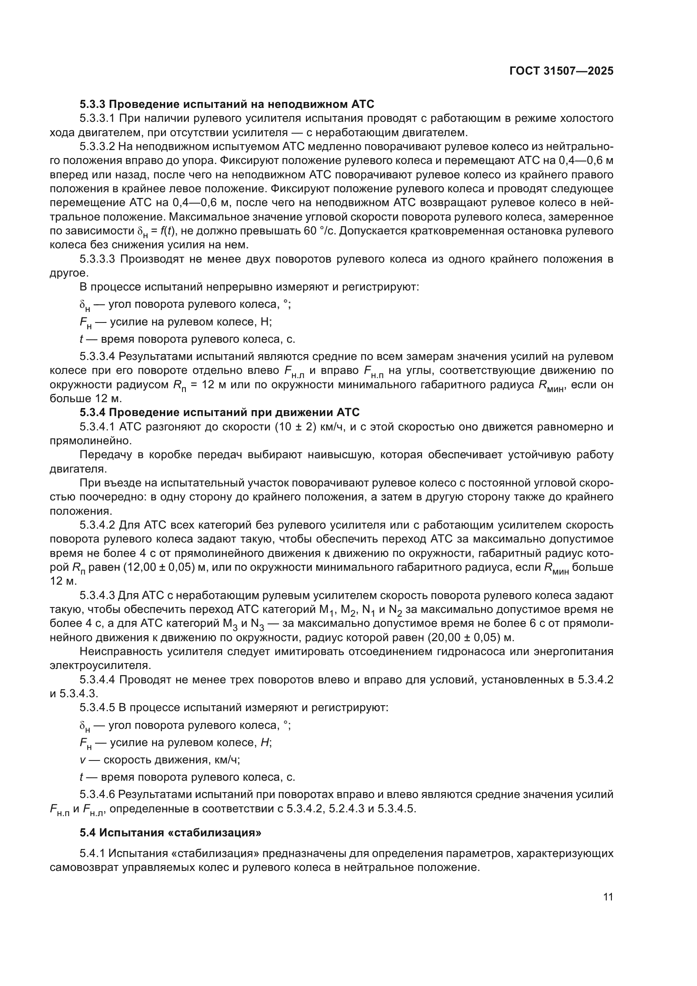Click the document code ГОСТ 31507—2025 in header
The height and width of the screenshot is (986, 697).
coord(561,71)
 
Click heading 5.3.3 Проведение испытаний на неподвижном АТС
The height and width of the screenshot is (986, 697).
coord(227,104)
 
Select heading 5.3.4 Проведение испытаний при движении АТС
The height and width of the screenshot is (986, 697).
coord(219,412)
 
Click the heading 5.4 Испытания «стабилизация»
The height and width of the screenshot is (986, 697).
coord(170,832)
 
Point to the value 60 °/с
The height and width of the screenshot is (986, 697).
coord(321,231)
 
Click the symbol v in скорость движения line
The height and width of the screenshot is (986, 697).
coord(83,760)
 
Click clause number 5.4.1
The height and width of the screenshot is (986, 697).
coord(93,853)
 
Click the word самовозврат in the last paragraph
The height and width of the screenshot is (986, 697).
coord(84,867)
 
